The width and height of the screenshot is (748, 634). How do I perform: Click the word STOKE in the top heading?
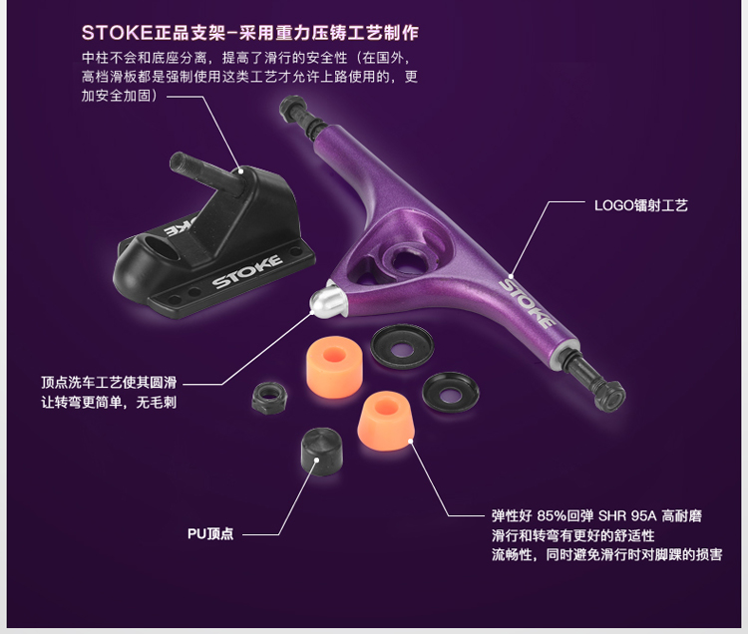click(110, 31)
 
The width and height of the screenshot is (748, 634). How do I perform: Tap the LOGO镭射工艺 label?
click(640, 206)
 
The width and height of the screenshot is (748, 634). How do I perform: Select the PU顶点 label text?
click(210, 532)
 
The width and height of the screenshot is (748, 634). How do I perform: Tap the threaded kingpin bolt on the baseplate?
click(200, 170)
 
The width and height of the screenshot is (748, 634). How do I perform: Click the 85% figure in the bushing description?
click(553, 516)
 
